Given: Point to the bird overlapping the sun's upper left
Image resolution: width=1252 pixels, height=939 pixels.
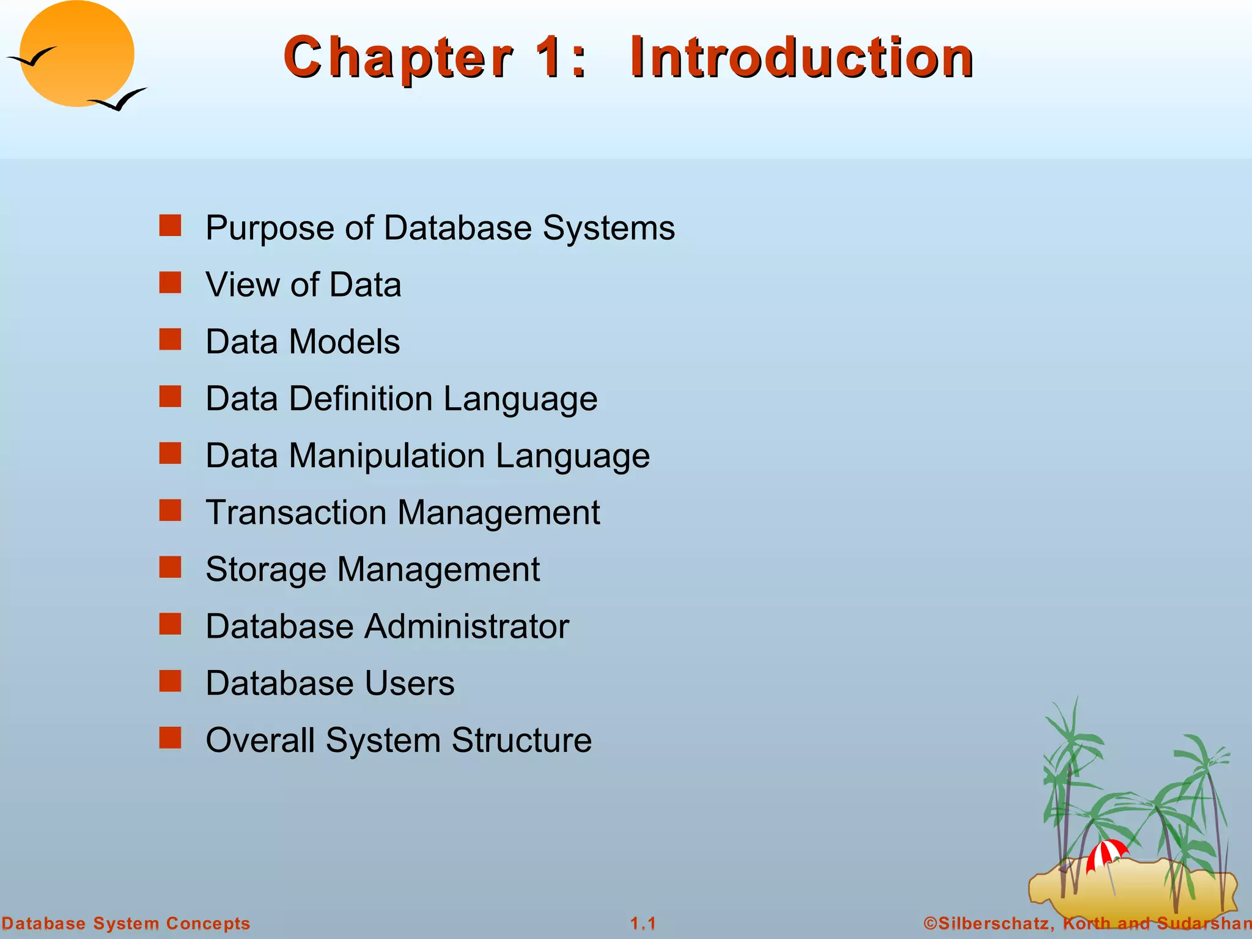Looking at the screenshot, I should tap(32, 57).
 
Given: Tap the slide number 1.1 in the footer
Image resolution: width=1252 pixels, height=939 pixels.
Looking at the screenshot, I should tap(643, 923).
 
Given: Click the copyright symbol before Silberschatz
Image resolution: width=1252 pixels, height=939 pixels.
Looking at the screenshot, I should tap(930, 923).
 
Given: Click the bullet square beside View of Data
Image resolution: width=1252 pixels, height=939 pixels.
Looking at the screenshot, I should tap(170, 283).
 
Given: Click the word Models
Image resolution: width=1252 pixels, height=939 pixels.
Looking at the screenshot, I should tap(344, 341).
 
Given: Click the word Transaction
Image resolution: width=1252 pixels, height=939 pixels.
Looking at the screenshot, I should tap(296, 512).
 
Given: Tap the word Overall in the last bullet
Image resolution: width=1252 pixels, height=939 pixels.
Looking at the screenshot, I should tap(260, 740).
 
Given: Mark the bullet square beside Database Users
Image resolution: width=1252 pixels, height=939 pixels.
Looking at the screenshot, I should tap(170, 681).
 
